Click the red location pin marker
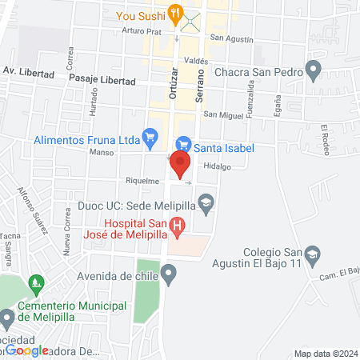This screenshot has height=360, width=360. coord(179,163)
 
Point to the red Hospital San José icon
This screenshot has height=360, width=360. coord(178,227)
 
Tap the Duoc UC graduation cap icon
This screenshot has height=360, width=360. coord(206,202)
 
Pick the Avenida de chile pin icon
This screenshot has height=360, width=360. coord(168,276)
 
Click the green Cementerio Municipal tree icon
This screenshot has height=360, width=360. coord(34,283)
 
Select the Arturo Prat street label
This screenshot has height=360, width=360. coord(142,31)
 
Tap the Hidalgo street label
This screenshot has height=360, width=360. coord(217,166)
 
